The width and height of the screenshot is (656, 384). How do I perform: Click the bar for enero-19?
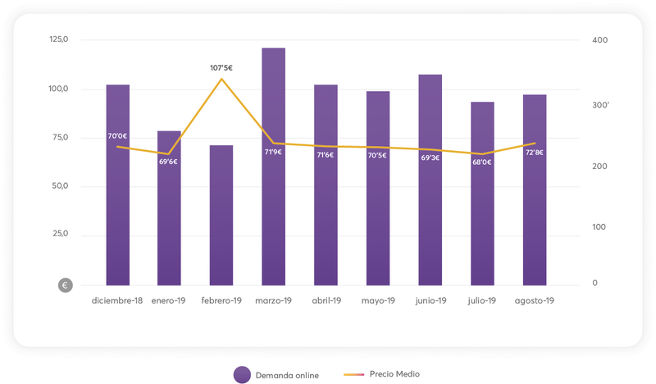[169, 222]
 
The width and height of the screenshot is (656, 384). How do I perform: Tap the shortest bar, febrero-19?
[221, 222]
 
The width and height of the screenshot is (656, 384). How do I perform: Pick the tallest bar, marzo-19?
[273, 205]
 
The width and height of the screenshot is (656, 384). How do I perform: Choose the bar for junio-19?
[430, 213]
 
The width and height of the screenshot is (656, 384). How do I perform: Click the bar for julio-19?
[482, 222]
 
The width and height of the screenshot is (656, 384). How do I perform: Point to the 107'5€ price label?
[221, 68]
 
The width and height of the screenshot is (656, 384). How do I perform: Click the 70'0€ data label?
[117, 136]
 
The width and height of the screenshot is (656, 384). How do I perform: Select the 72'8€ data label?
[534, 153]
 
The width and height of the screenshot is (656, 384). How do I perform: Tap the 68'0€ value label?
[482, 162]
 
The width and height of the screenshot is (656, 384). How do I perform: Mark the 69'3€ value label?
[430, 158]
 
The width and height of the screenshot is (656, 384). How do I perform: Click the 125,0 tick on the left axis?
[59, 39]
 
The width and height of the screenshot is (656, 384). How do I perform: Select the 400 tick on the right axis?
[600, 40]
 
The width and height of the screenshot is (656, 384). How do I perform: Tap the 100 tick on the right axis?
[600, 226]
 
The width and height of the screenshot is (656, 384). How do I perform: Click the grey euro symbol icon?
[66, 286]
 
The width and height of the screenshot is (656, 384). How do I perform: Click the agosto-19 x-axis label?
[534, 301]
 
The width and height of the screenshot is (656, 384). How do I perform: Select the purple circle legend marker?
[241, 374]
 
